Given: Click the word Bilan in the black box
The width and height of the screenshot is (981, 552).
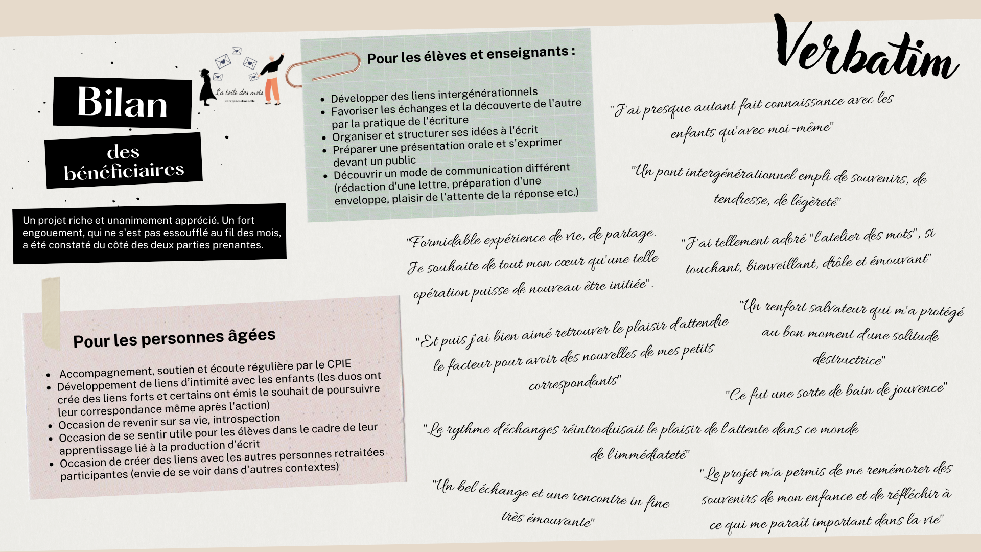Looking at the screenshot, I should coord(123,102).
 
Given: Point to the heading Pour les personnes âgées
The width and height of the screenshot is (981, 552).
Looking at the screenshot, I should coord(174,338).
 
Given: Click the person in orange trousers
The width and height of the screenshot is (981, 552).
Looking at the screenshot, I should coord(272,79).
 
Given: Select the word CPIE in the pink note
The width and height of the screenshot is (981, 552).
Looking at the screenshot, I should coord(339,364).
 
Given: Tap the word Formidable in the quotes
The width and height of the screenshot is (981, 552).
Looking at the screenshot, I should coord(445,241).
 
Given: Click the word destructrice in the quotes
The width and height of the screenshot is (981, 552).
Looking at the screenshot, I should coord(849,360).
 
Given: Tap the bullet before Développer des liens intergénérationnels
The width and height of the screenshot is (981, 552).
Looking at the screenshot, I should coord(322,100).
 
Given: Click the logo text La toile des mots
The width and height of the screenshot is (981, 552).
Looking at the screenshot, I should coord(240,93).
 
